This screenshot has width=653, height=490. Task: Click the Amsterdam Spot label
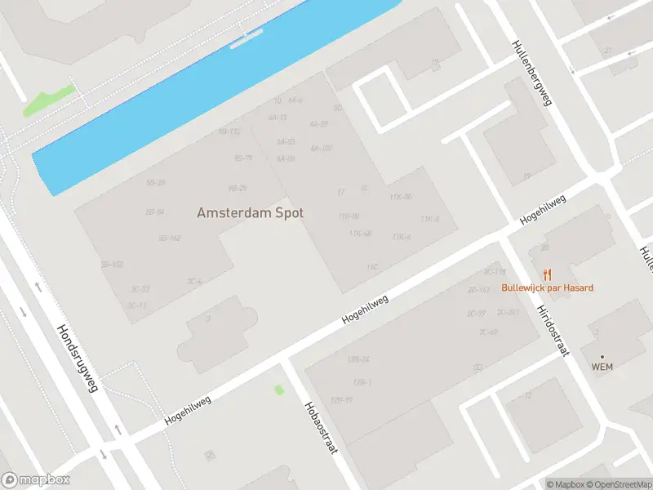pos(250,212)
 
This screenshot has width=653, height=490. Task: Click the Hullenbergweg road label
pos(532,73)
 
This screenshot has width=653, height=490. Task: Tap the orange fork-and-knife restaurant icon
pos(548,274)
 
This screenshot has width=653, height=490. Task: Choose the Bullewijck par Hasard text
pos(548,287)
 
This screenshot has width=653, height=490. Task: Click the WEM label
pos(602,367)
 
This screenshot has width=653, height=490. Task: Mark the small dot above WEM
pos(602,356)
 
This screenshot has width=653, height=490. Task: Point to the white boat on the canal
pos(246,38)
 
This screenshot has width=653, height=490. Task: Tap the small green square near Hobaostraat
pos(279,390)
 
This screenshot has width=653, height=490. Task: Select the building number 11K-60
pos(401,197)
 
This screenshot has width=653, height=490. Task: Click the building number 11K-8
pos(430,219)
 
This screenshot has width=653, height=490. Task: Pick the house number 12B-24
pos(358,359)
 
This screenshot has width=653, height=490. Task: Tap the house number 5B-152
pos(112,265)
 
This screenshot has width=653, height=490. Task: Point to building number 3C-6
pos(194,282)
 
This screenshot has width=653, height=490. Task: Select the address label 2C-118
pos(495,272)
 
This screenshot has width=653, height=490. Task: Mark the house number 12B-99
pos(341,399)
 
